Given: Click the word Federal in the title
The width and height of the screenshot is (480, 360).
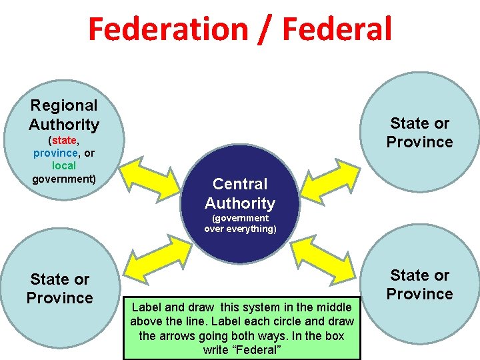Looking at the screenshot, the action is click(337, 29).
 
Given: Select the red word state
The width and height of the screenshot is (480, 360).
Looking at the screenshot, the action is click(64, 141).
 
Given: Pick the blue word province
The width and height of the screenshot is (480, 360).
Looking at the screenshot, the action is click(55, 153).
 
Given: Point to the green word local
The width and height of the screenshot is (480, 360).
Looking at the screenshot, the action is click(64, 165).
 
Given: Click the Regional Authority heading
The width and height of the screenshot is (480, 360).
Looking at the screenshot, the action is click(64, 115).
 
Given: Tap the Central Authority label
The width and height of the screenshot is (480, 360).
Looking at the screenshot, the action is click(240, 193).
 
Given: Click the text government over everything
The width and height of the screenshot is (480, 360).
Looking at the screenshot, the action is click(240, 223).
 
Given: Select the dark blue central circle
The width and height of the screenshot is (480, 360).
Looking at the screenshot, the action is click(240, 253).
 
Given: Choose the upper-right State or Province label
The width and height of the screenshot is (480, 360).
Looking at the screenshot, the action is click(420, 133).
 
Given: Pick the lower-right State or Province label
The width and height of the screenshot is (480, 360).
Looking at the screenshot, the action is click(420, 285).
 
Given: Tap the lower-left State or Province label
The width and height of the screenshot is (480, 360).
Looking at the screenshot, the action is click(60, 289).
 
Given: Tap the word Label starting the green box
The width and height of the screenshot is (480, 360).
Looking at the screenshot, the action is click(146, 307).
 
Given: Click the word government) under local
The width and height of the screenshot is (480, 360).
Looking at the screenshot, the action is click(64, 179).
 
